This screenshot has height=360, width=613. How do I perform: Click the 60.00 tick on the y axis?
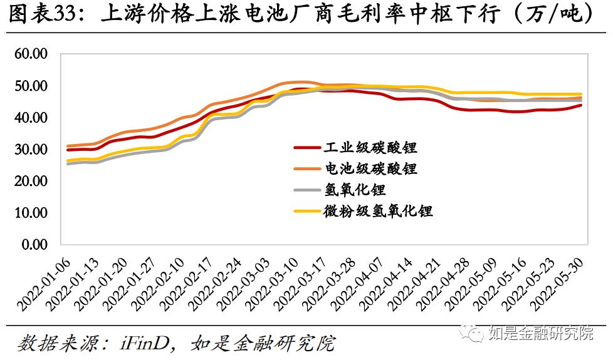coord(31,53)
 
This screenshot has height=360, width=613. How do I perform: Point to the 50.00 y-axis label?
coord(31,86)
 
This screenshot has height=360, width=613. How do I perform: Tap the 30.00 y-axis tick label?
coord(31,149)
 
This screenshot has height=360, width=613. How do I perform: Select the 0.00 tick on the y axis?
coord(34,244)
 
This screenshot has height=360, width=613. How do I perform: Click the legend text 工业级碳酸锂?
coord(370,147)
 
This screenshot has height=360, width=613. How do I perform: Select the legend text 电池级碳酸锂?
coord(370,168)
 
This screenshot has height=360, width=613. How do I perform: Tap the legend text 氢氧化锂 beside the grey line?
coord(355,190)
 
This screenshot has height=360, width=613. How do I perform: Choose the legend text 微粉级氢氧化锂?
coord(378,211)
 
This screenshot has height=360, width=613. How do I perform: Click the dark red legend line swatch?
coord(307,148)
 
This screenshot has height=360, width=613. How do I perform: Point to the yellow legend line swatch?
coord(307,212)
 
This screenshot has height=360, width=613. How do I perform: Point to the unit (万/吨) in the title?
coord(552,14)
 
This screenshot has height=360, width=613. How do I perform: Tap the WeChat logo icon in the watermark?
coord(473,332)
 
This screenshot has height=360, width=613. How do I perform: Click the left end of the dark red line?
coord(68,150)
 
